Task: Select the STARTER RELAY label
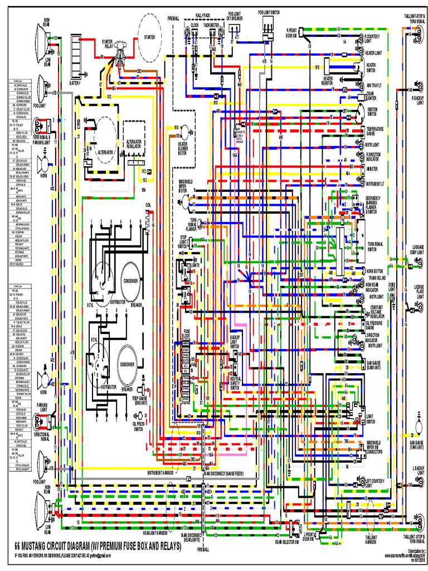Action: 107,44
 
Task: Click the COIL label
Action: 148,205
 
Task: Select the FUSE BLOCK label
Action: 187,333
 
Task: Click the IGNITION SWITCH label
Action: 372,112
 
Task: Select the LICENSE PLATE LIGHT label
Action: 419,291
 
